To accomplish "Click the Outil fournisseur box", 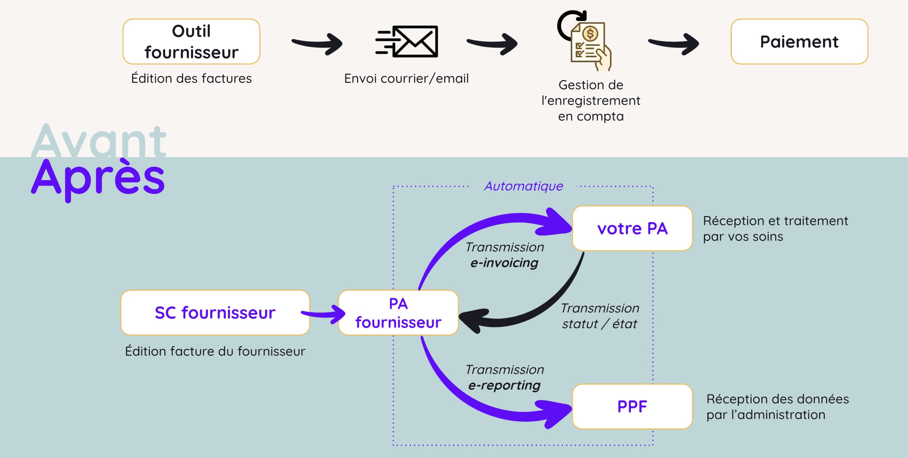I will tap(191, 42).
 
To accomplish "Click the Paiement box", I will tap(799, 42).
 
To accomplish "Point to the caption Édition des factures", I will tap(191, 78).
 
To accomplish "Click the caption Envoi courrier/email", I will tap(406, 78).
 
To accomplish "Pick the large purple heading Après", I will tap(98, 178).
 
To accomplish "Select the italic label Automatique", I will tap(523, 186).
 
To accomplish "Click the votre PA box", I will tap(632, 228).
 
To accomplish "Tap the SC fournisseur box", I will tap(215, 313).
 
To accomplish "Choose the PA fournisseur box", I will tap(398, 313).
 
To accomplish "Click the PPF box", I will tap(632, 406).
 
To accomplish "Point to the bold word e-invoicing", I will tap(504, 263).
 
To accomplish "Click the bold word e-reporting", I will tap(504, 385).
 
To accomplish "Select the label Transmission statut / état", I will tap(600, 316).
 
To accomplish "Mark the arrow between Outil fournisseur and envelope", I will tap(317, 43).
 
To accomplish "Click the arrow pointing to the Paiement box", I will tap(673, 43).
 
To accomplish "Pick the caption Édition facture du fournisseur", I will tap(215, 351).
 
